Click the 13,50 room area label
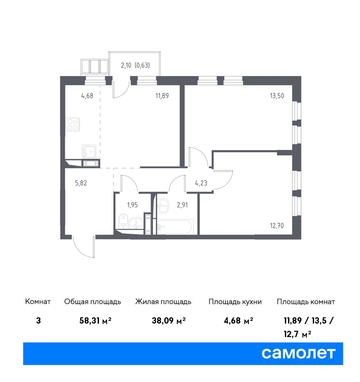(x=277, y=96)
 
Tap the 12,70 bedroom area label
(x=277, y=226)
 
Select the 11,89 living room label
(x=162, y=96)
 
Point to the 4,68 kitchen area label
(x=87, y=96)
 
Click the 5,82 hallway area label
(x=81, y=183)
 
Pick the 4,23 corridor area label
(x=201, y=183)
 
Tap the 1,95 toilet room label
(x=132, y=205)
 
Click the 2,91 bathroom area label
(x=182, y=205)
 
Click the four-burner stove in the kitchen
(x=73, y=124)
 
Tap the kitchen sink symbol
(x=89, y=151)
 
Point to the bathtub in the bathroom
(x=175, y=227)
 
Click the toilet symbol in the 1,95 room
(x=123, y=221)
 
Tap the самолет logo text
(x=298, y=353)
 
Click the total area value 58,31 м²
(x=95, y=320)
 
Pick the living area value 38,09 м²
(x=169, y=320)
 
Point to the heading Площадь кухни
(x=235, y=302)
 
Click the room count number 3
(x=38, y=320)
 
